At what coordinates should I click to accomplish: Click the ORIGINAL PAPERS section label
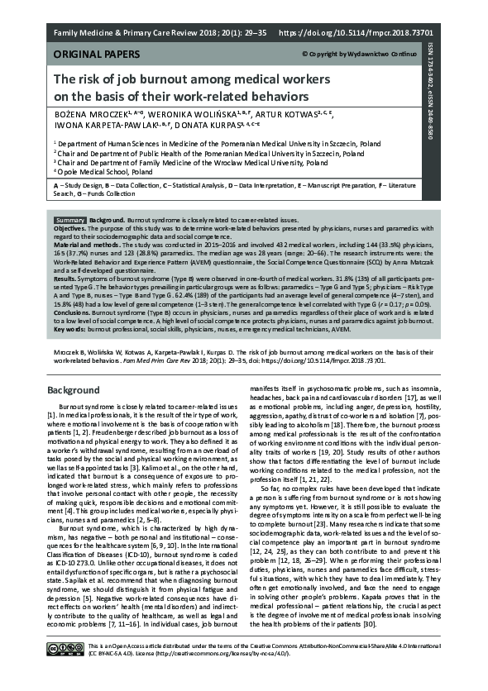90,54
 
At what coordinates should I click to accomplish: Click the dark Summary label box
70,221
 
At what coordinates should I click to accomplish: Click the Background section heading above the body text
74,389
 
